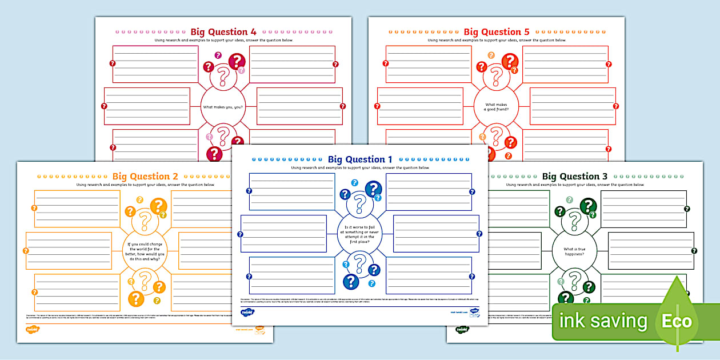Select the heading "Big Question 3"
(574, 177)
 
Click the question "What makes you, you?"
(223, 107)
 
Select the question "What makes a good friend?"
(496, 107)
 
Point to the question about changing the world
(145, 251)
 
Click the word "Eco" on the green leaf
(677, 321)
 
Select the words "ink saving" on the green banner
(603, 321)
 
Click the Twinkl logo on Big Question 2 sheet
(32, 329)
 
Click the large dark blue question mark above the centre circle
(373, 189)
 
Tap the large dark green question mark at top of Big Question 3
(588, 206)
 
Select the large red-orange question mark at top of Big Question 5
(510, 61)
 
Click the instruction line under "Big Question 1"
(360, 168)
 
